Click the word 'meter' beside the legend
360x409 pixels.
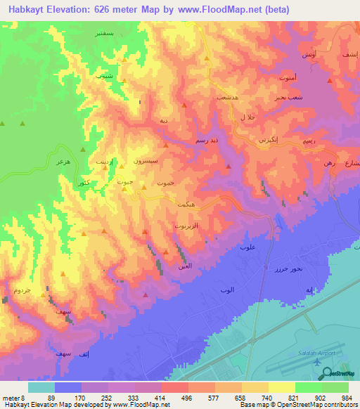click(11, 397)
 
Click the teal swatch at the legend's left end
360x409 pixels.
click(41, 387)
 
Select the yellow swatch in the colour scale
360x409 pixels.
click(281, 387)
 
